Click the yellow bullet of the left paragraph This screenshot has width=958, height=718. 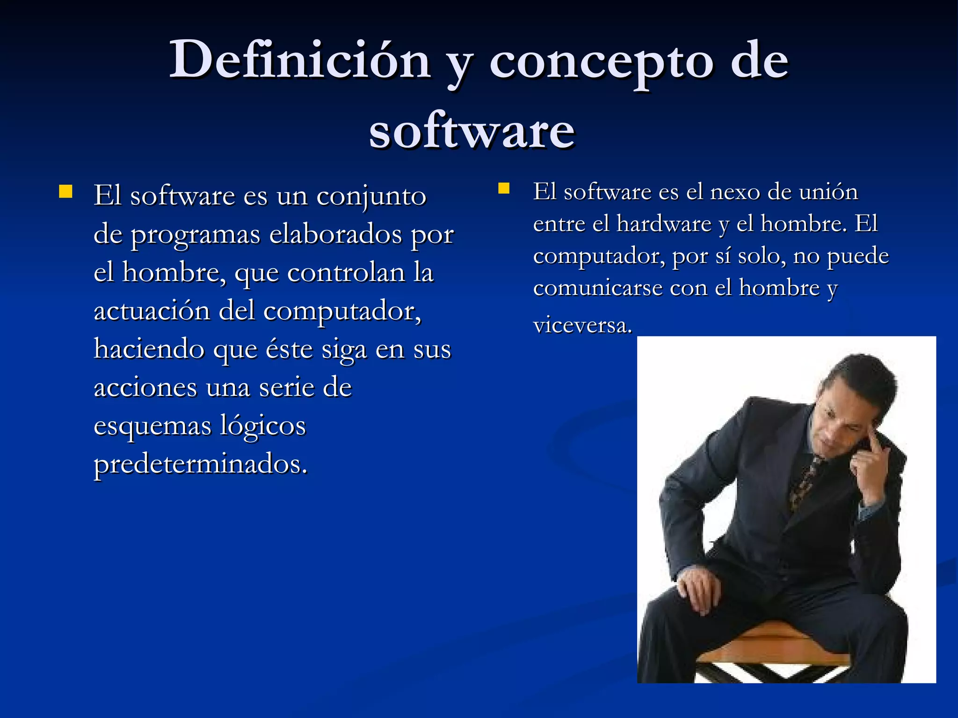click(x=65, y=192)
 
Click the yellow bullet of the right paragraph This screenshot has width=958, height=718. click(x=503, y=188)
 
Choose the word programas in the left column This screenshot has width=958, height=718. click(x=195, y=236)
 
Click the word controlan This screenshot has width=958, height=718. click(x=346, y=273)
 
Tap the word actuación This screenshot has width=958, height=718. click(x=152, y=311)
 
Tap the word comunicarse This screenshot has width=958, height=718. click(x=597, y=288)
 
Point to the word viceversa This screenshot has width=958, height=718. click(x=582, y=325)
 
